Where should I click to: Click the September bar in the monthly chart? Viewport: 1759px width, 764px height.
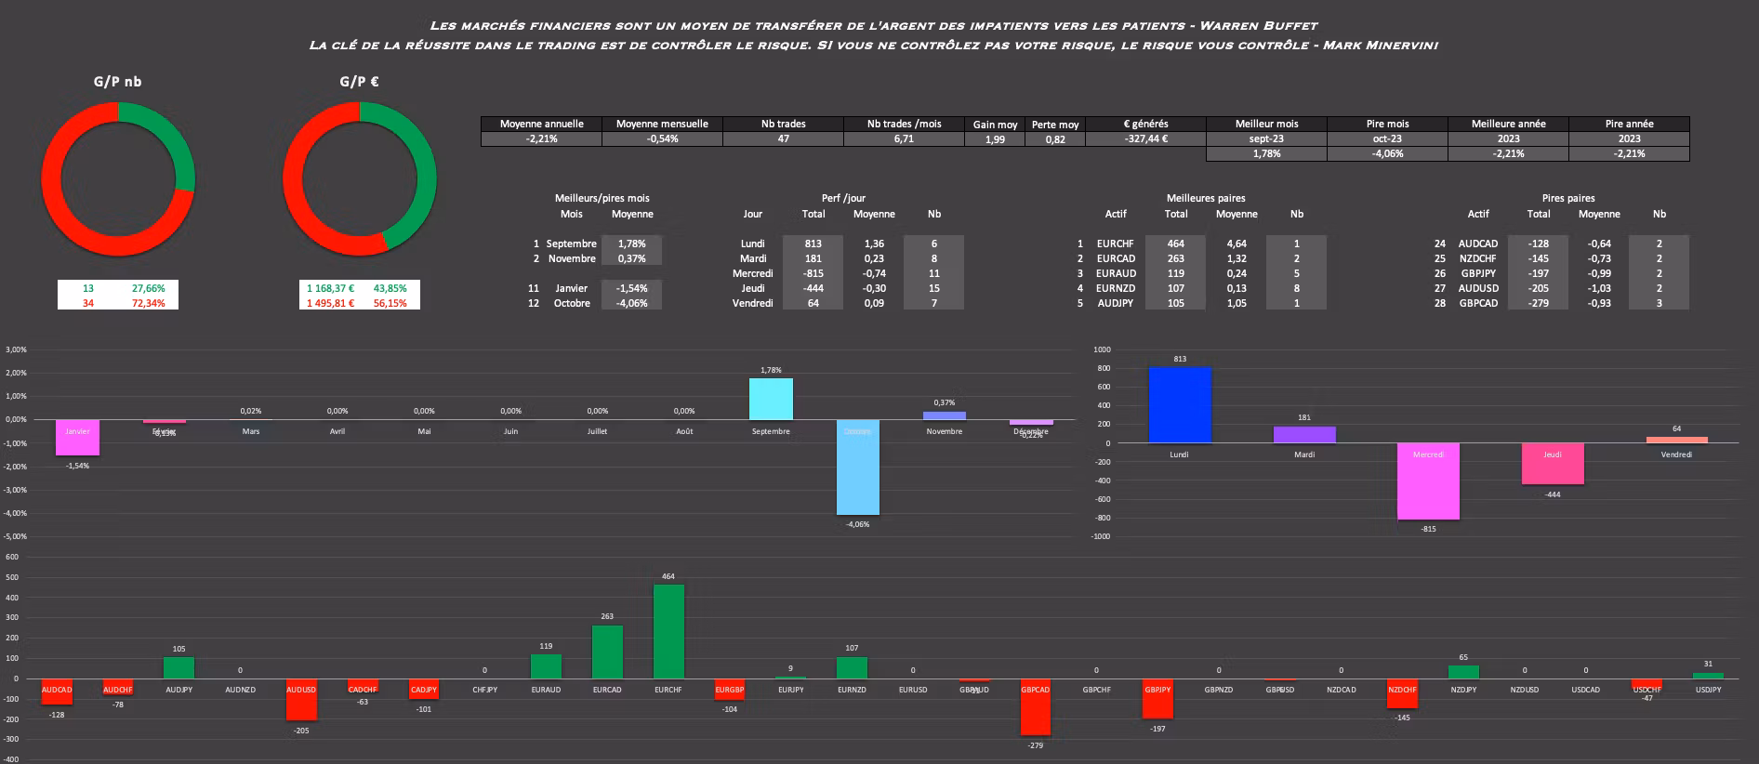(x=771, y=399)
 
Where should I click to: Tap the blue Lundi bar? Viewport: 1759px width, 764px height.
(x=1179, y=405)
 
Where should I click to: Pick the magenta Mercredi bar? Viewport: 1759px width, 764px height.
(x=1428, y=481)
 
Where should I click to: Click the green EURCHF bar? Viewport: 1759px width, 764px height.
(x=668, y=631)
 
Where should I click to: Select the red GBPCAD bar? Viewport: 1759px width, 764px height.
(x=1035, y=708)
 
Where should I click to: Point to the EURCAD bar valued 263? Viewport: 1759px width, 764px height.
(x=607, y=652)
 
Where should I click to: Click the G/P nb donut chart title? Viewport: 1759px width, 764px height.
(x=118, y=82)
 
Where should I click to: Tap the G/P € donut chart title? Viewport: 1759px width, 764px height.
(x=359, y=82)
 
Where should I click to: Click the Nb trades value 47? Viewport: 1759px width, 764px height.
(x=783, y=138)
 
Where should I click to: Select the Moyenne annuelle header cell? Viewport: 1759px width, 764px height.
(x=541, y=124)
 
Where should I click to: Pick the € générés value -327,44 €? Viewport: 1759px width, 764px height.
(x=1145, y=138)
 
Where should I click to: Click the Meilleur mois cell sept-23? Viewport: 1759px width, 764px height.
(x=1266, y=138)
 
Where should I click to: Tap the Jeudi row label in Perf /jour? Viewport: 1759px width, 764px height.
(x=752, y=288)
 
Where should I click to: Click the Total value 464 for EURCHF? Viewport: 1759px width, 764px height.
(x=1176, y=244)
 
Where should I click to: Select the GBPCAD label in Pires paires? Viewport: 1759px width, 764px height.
(x=1478, y=303)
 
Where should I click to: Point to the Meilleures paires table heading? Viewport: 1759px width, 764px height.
(x=1206, y=198)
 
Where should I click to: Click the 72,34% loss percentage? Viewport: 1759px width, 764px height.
(x=149, y=303)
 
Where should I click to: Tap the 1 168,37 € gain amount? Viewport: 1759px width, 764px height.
(x=330, y=288)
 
